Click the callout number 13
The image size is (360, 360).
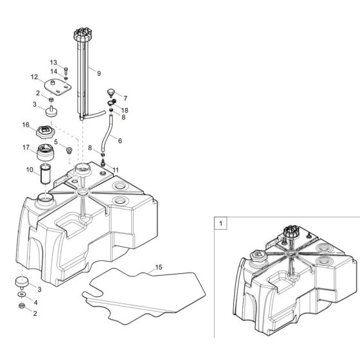pos(54,62)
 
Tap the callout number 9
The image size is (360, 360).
pos(98,73)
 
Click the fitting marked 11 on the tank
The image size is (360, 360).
pos(103,168)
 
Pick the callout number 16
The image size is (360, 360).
pos(26,124)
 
